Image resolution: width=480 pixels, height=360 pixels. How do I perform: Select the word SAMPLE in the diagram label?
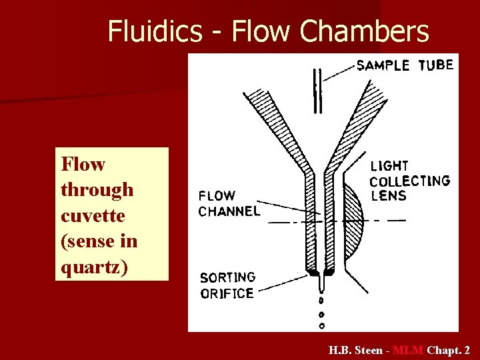click(x=383, y=65)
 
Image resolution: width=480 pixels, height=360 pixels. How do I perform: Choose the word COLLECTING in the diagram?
click(x=409, y=181)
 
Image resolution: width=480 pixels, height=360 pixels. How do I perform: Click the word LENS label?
click(x=388, y=196)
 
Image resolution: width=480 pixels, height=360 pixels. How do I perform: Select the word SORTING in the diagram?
click(x=228, y=277)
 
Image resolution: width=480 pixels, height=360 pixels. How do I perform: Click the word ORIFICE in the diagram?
click(x=227, y=293)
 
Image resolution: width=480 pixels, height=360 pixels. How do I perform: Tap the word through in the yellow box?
click(x=97, y=190)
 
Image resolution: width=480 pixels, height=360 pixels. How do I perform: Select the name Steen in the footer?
click(x=368, y=350)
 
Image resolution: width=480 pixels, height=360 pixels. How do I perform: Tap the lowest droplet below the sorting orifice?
click(x=321, y=326)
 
